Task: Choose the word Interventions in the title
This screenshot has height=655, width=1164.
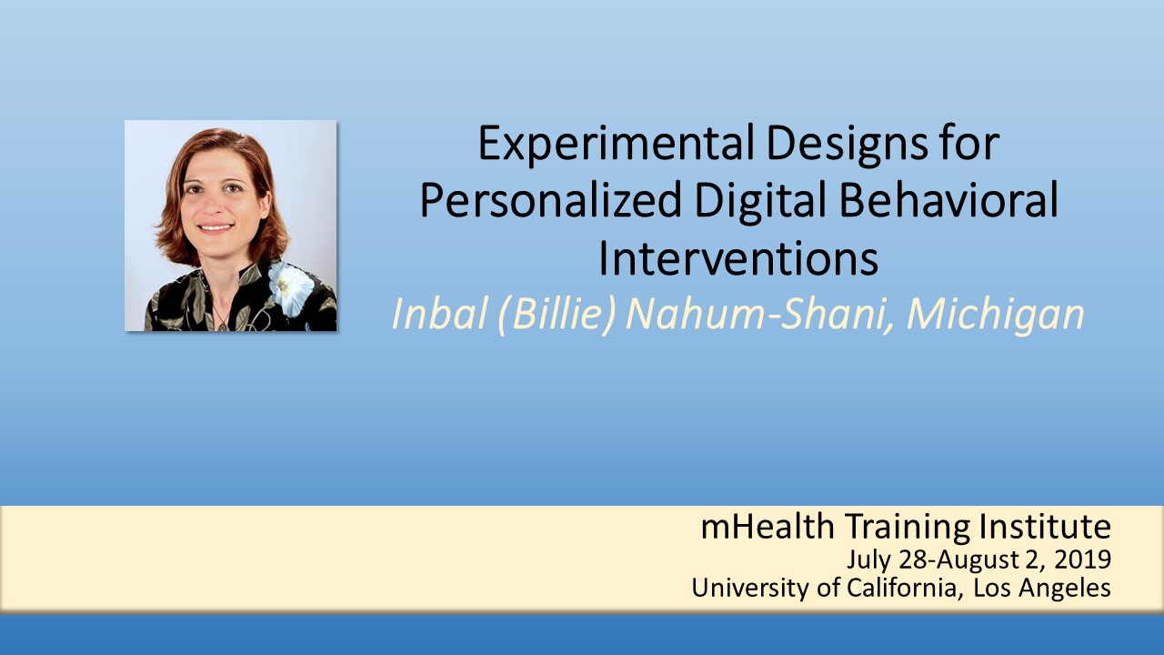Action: [738, 257]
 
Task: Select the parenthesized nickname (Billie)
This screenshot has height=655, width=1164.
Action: [556, 314]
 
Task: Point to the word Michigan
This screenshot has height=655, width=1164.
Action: [995, 316]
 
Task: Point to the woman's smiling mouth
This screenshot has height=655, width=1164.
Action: [216, 227]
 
